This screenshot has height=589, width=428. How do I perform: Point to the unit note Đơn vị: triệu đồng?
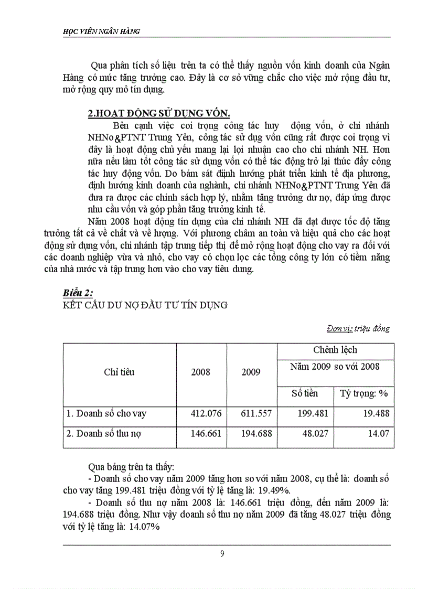pos(358,329)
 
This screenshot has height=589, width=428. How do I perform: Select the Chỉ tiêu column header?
pos(119,372)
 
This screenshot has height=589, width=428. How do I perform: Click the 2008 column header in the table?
pos(201,372)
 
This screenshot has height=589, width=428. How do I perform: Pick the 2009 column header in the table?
pos(251,372)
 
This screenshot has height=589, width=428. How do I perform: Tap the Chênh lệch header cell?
pos(335,350)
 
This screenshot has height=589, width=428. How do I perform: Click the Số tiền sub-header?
pos(305,393)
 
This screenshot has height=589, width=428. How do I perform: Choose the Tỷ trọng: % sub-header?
pos(363,393)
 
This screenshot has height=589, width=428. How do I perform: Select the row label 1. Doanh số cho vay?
pos(106,413)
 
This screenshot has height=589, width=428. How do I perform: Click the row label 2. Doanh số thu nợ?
pos(104,434)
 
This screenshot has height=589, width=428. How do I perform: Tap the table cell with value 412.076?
pos(206,413)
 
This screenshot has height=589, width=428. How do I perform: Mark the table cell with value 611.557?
pos(256,413)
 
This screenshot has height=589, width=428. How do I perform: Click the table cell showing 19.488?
pos(375,413)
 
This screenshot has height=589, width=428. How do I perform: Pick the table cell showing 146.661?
pos(206,434)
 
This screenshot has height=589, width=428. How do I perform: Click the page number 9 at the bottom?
pos(222,554)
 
